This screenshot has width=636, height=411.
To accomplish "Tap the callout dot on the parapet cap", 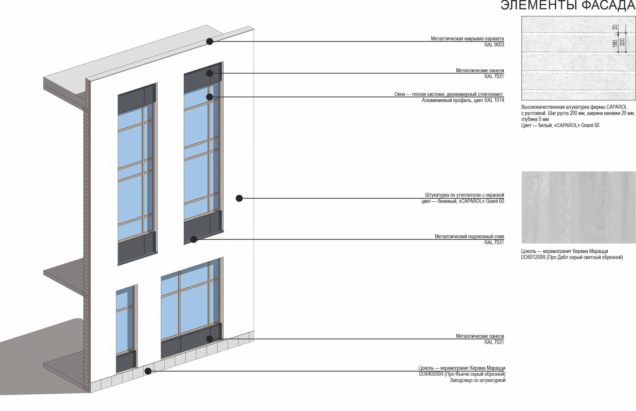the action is (210, 41).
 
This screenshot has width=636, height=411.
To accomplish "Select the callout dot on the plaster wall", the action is (239, 198).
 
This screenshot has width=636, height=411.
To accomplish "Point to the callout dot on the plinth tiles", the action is (148, 371).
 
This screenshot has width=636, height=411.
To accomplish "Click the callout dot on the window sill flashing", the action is (194, 239).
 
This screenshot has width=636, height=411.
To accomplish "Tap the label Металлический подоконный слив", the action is (469, 237).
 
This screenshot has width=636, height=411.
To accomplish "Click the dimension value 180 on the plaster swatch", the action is (615, 43).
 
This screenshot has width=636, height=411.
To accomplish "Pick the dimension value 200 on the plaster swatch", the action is (622, 42).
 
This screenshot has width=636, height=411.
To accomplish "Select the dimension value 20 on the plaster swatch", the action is (615, 27).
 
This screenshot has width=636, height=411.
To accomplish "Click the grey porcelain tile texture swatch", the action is (578, 207).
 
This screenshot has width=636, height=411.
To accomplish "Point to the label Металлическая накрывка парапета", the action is (467, 39).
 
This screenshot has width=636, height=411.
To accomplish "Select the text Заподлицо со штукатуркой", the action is (477, 380).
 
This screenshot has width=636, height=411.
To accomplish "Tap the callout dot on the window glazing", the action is (210, 97).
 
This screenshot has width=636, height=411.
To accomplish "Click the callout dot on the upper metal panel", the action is (210, 73).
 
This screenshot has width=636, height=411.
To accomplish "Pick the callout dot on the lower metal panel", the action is (210, 339).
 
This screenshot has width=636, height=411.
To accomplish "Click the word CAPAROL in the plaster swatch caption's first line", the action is (617, 107).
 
